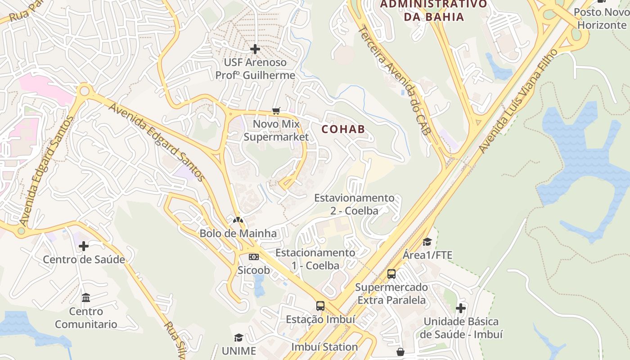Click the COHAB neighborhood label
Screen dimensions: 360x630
(343, 129)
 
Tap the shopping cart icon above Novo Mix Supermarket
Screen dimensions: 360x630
(276, 111)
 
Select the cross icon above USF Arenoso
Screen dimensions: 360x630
(255, 49)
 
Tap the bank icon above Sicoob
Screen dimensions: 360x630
(254, 257)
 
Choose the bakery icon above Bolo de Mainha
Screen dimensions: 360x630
(238, 220)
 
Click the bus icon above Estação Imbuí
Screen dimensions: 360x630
(320, 306)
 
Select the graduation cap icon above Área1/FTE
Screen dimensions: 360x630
(427, 242)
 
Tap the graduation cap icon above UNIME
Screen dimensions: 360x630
(238, 337)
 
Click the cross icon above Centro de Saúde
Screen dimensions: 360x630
(84, 246)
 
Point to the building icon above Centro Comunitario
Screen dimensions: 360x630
(86, 298)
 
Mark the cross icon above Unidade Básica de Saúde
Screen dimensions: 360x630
(461, 308)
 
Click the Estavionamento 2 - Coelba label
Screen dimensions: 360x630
(354, 204)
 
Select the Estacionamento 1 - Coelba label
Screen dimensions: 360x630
(315, 259)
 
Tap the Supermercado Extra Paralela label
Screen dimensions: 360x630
(391, 293)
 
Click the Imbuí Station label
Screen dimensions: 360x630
(324, 347)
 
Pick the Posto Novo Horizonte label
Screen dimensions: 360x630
(602, 18)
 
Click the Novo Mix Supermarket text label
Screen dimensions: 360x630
(276, 130)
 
